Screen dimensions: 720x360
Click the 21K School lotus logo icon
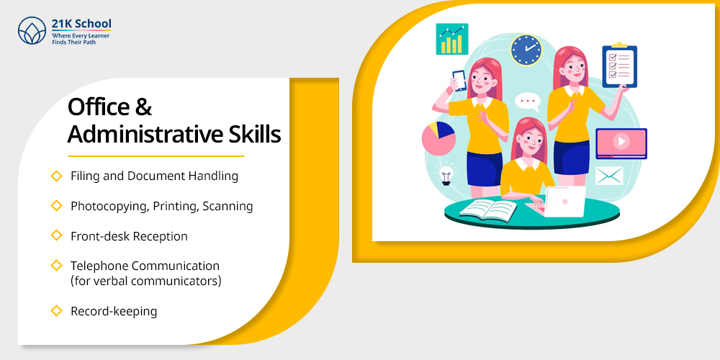(32, 30)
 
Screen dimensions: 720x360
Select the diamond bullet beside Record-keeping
(56, 311)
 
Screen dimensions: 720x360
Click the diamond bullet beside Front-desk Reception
(56, 235)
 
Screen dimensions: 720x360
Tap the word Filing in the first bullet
(83, 176)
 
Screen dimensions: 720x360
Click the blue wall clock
(526, 50)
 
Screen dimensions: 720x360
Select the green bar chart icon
(452, 39)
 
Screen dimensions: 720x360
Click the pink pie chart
(438, 138)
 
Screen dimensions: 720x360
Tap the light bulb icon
(446, 174)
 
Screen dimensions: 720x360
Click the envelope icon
(609, 176)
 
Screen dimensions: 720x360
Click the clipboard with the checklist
(619, 66)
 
